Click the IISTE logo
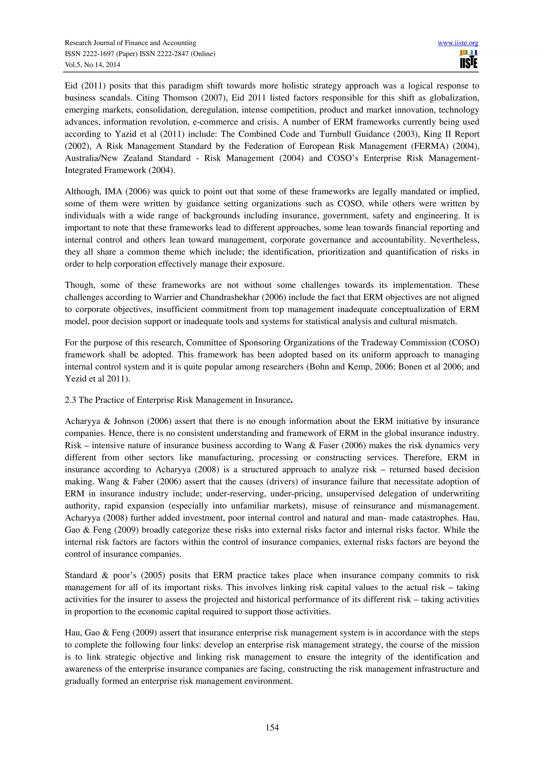469,59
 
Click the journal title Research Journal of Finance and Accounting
130,43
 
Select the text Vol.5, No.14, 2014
92,65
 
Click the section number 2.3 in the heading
70,400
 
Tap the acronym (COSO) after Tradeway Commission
465,343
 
